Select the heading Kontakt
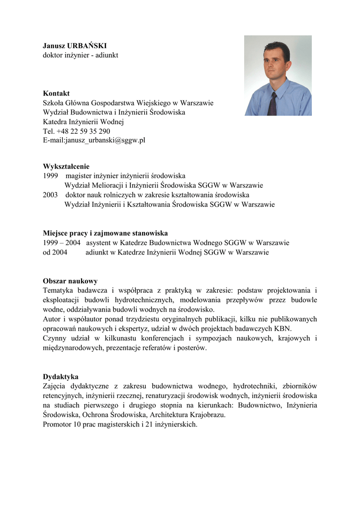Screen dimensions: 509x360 point(56,93)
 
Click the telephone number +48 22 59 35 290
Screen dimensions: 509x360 point(84,131)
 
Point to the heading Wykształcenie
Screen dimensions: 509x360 point(66,167)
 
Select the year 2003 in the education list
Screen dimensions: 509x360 point(51,195)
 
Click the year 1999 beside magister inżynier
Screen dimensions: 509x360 point(51,176)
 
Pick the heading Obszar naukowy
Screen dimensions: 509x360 point(70,281)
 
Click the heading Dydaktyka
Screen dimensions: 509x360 point(61,377)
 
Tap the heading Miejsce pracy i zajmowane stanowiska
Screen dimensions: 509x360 point(105,233)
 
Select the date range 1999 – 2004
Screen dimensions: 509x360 point(62,243)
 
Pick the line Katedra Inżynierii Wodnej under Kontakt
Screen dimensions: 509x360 point(83,122)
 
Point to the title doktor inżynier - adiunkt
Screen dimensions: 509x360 point(81,55)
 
